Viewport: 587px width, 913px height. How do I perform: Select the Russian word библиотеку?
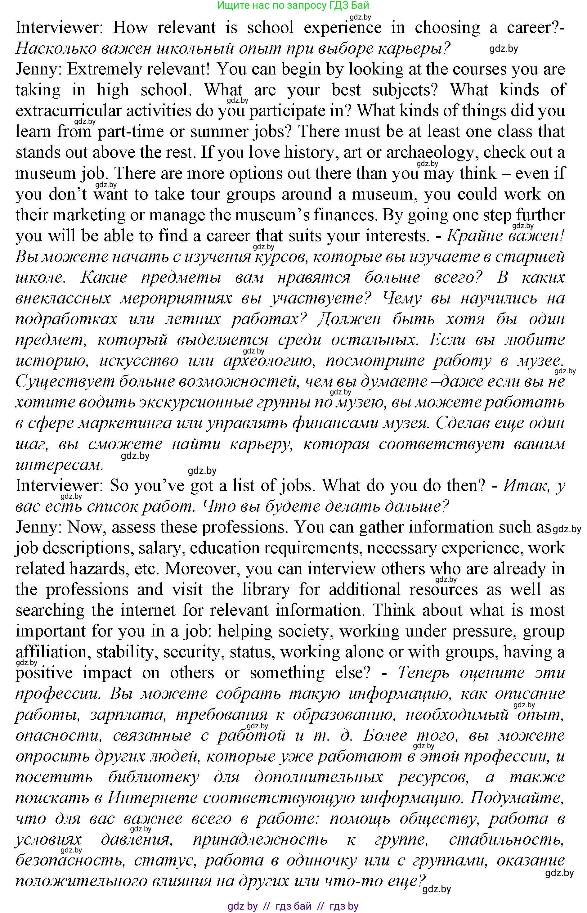[x=153, y=776]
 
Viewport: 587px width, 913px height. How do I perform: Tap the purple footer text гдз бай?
[x=293, y=906]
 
